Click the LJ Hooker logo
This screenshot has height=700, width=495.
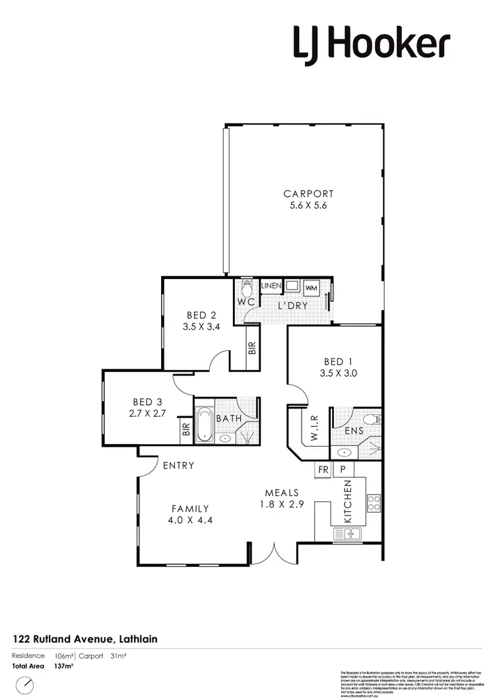tap(372, 44)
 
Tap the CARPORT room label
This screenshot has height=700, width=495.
tap(308, 194)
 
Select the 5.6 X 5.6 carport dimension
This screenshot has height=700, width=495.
tap(308, 206)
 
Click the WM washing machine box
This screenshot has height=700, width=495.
tap(311, 288)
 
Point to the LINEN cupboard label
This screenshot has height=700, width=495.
tap(271, 286)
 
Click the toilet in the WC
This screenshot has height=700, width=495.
tap(247, 288)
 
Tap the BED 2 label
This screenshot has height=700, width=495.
tap(202, 315)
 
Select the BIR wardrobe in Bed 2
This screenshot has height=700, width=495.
tap(252, 347)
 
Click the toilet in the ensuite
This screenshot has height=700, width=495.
tap(374, 418)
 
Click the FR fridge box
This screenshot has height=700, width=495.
tap(323, 469)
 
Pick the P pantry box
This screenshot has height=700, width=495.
tap(343, 469)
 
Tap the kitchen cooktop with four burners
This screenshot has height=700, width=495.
tap(374, 503)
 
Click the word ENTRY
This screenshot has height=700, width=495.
tap(178, 465)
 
